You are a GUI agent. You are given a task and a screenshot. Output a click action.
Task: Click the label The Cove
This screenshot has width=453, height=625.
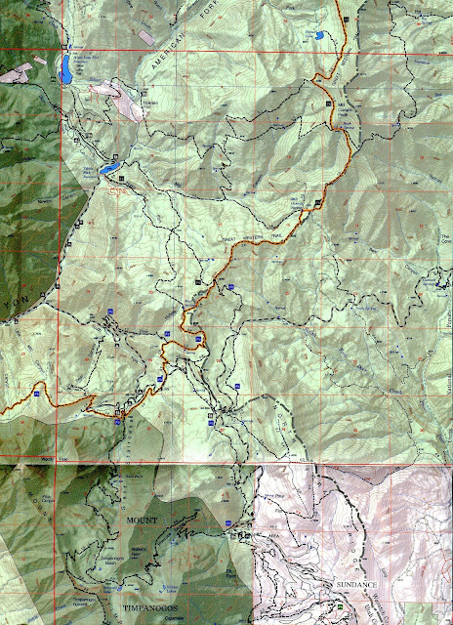[x=445, y=239]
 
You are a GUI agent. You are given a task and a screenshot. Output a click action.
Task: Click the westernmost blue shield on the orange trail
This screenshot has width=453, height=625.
[x=37, y=394]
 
